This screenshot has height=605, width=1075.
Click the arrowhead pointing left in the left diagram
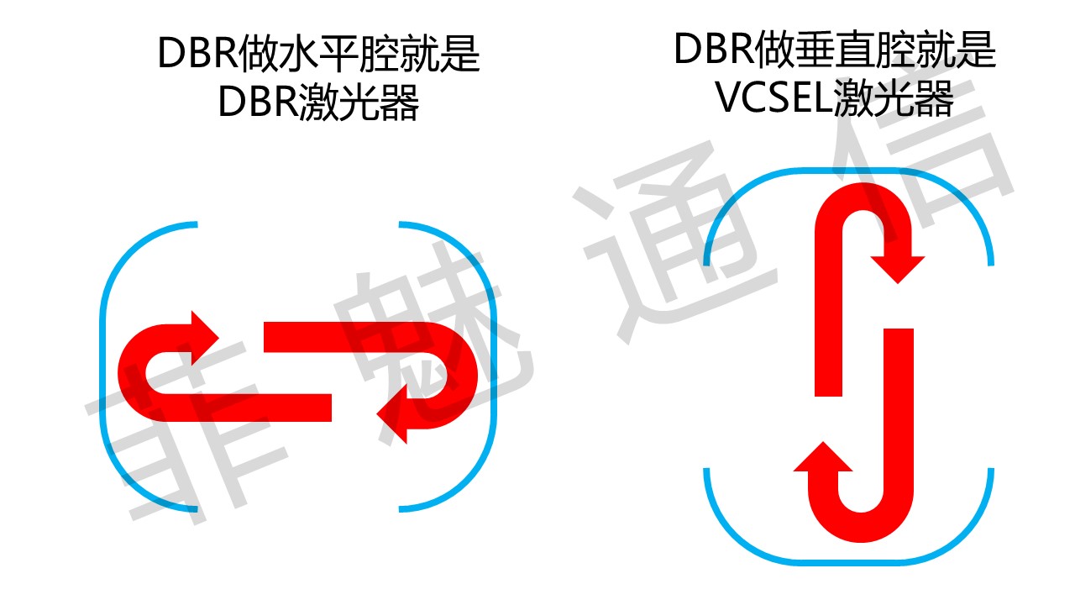(x=392, y=414)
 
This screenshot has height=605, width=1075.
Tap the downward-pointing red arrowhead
(x=898, y=270)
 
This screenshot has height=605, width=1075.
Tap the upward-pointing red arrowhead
(x=822, y=456)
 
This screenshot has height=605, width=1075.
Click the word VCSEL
(x=773, y=97)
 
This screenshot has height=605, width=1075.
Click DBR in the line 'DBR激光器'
(x=259, y=102)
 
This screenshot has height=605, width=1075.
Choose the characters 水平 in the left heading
(x=317, y=53)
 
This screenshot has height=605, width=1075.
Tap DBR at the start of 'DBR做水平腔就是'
(x=197, y=53)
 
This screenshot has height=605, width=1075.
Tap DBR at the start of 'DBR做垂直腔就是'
(x=715, y=49)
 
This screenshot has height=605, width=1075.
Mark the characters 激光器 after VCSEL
(x=894, y=97)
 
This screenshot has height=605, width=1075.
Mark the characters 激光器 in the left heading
(x=359, y=102)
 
